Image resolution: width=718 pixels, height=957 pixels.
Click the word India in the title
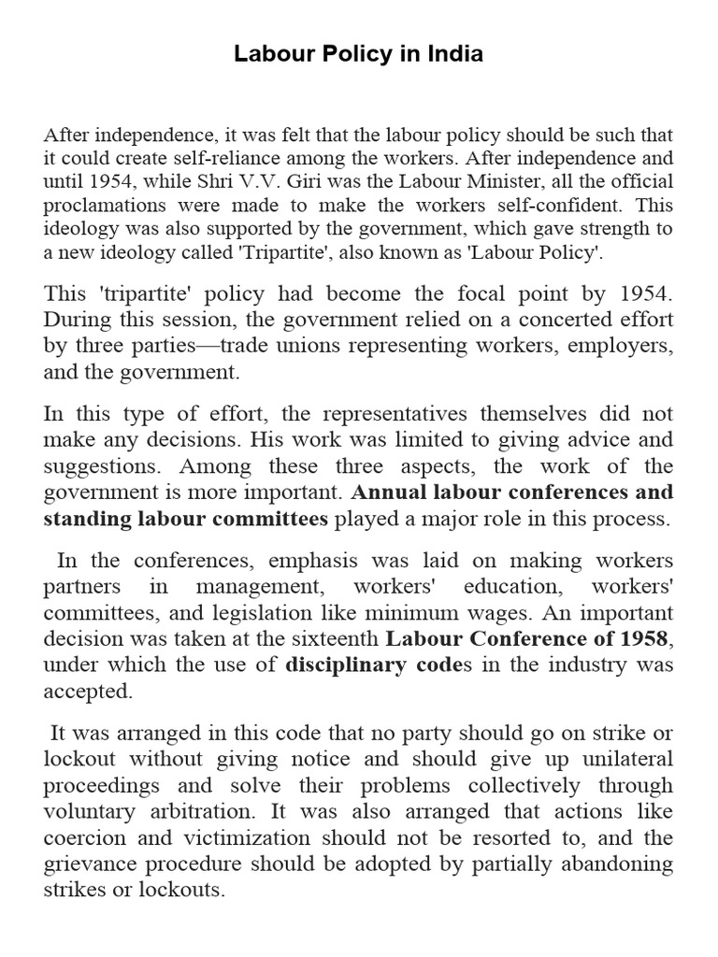(x=453, y=55)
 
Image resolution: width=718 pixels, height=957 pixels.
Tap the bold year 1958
(x=643, y=639)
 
